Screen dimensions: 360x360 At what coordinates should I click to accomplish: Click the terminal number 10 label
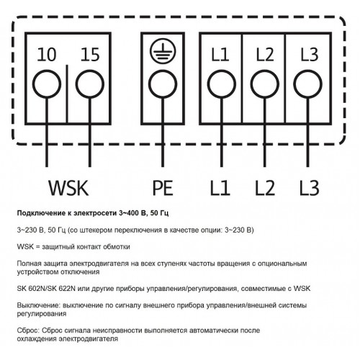pos(47,55)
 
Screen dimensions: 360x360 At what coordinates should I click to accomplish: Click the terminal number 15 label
pos(90,55)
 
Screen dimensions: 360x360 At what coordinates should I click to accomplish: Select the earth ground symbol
pos(163,51)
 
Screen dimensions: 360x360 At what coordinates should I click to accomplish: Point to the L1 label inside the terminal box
pos(220,55)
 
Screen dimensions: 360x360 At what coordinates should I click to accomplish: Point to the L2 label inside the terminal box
pos(265,55)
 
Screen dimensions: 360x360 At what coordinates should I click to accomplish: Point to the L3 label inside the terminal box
pos(310,55)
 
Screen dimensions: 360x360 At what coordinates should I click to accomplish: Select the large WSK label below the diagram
pos(68,188)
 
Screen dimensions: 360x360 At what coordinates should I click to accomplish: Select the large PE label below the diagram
pos(163,188)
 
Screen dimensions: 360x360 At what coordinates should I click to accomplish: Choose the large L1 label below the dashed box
pos(220,188)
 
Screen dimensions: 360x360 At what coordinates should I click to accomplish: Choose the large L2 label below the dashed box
pos(265,188)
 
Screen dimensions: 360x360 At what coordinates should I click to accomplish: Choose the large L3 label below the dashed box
pos(310,188)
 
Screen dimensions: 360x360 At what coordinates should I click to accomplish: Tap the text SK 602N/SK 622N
pos(46,289)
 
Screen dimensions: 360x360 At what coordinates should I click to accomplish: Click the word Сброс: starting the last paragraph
pos(28,330)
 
